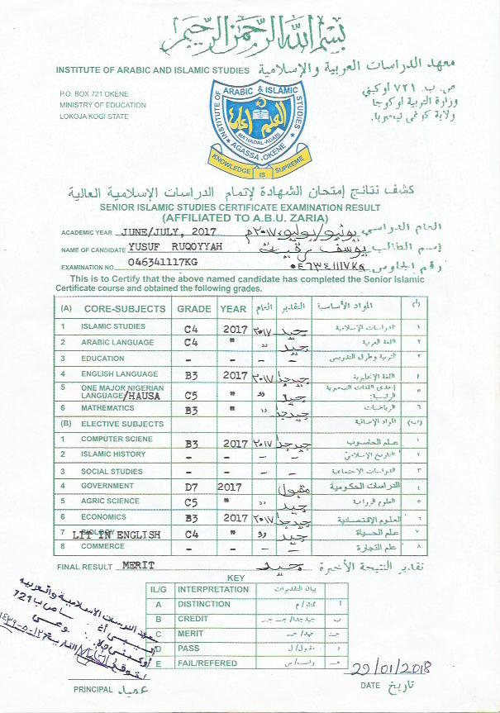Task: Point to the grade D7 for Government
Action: pyautogui.click(x=191, y=486)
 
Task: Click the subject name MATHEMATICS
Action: pyautogui.click(x=107, y=408)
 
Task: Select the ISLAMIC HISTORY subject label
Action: pyautogui.click(x=113, y=454)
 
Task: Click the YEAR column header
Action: pyautogui.click(x=231, y=309)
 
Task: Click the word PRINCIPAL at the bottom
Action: pyautogui.click(x=93, y=688)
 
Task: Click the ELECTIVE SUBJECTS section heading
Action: pyautogui.click(x=121, y=424)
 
